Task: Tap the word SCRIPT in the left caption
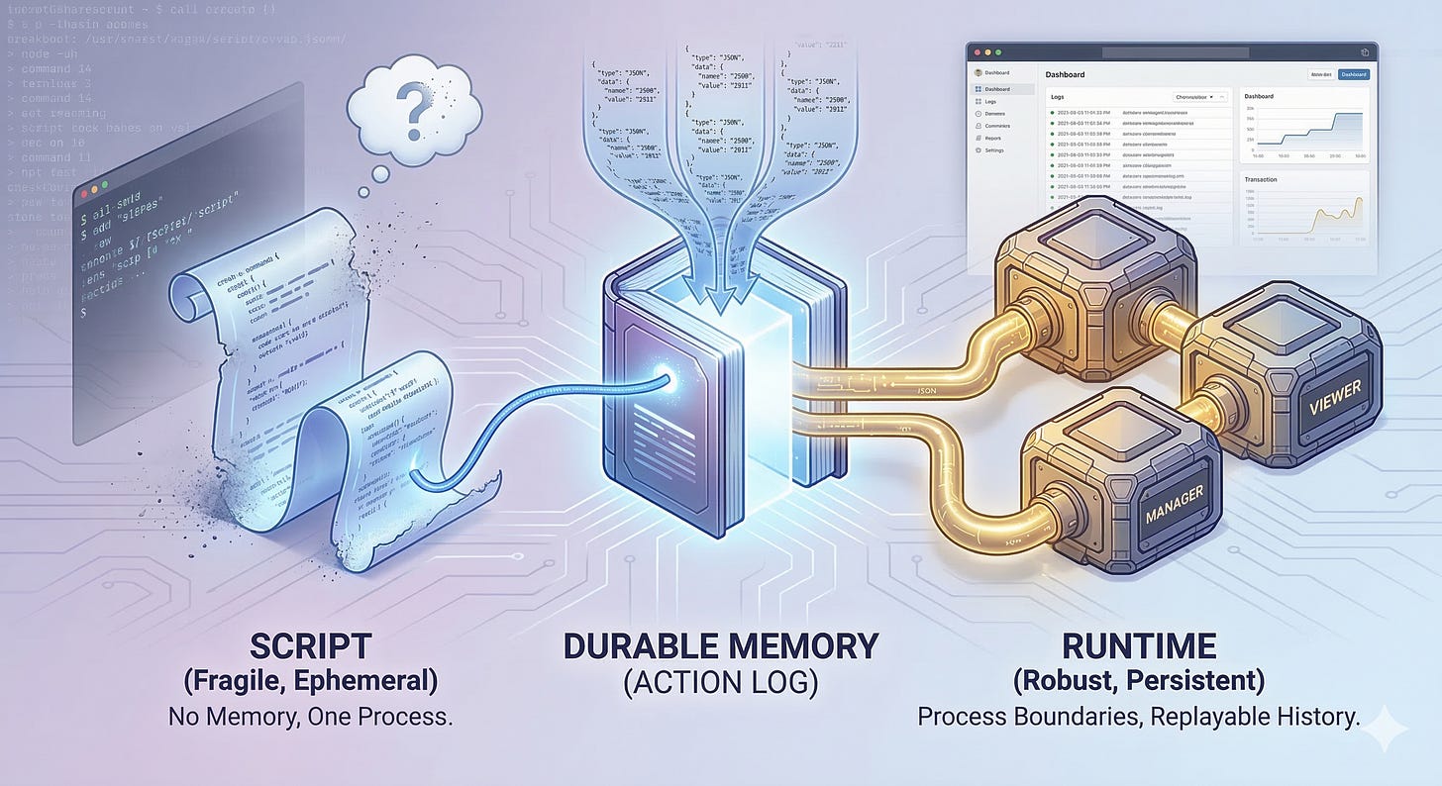[309, 646]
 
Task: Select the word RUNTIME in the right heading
[1139, 646]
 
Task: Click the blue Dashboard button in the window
[1353, 74]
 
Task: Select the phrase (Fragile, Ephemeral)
[310, 683]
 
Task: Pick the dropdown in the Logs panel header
[1199, 97]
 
